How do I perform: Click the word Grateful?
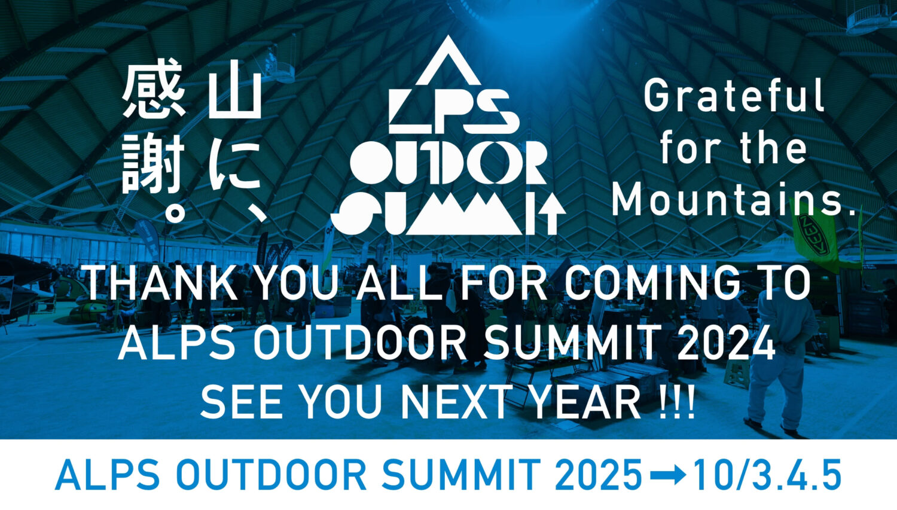734,95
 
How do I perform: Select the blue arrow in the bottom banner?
667,475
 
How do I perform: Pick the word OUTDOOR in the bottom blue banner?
271,475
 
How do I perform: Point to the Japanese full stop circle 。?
175,213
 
